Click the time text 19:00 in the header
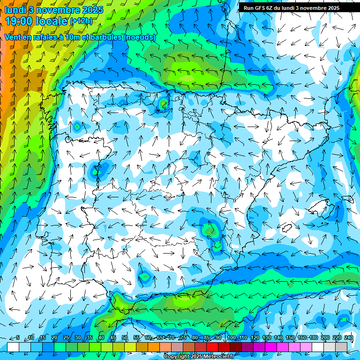click(18, 21)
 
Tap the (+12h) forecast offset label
click(81, 21)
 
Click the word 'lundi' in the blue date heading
click(15, 10)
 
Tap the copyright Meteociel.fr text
click(199, 357)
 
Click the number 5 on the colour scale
click(18, 337)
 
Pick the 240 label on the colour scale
click(348, 337)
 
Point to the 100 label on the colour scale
click(231, 337)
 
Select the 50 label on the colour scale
click(125, 337)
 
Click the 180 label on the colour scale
click(313, 337)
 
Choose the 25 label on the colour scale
click(66, 337)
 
